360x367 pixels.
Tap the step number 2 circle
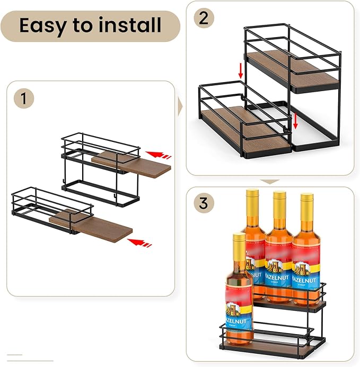click(x=203, y=19)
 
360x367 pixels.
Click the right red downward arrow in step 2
click(x=296, y=121)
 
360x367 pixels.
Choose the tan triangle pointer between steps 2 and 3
click(x=270, y=182)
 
